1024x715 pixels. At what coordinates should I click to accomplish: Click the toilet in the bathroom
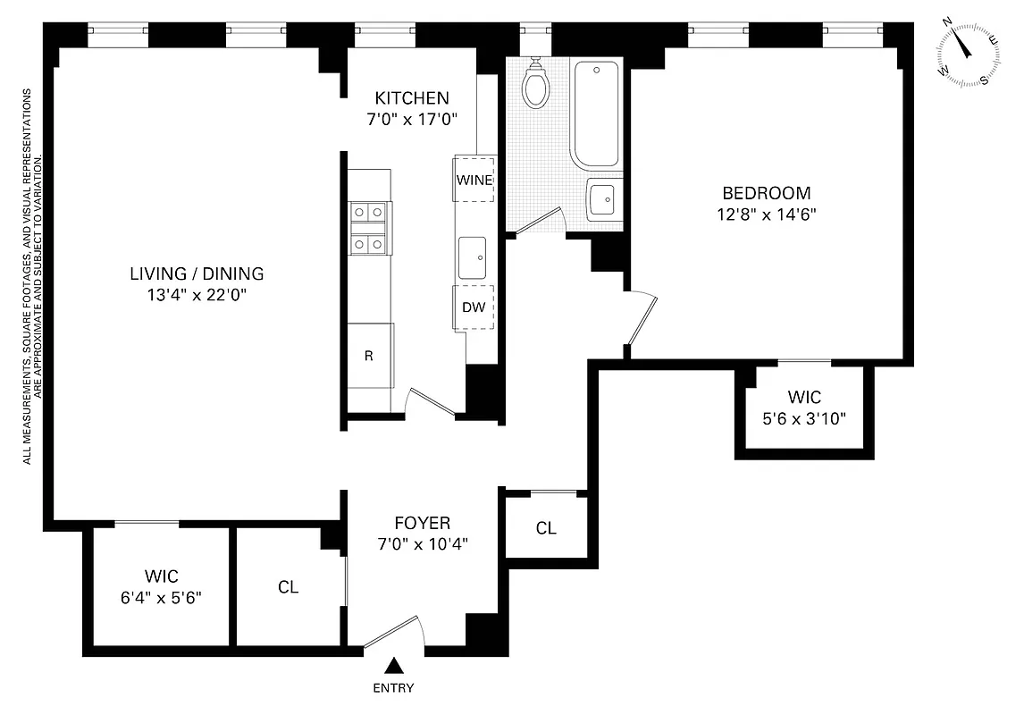tap(536, 85)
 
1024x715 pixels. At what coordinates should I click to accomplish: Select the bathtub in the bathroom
tap(596, 114)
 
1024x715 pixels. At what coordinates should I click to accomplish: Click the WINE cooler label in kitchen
tap(474, 180)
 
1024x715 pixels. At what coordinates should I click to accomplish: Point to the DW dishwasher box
tap(474, 307)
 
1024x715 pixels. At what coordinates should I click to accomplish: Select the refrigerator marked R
tap(369, 355)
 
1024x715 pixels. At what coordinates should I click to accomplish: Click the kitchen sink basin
tap(473, 258)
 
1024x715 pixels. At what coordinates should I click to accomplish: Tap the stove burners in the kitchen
tap(369, 228)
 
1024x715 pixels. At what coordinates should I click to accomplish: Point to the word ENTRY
tap(393, 688)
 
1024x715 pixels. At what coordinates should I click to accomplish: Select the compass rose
tap(966, 54)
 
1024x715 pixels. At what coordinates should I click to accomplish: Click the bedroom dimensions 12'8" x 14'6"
tap(767, 214)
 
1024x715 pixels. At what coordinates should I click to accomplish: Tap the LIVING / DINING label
tap(197, 273)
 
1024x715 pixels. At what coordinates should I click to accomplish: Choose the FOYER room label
tap(423, 523)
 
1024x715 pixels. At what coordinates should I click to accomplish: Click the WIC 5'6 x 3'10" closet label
tap(804, 407)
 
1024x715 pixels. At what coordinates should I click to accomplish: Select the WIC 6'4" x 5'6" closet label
tap(162, 586)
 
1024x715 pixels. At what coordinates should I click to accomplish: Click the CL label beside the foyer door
tap(288, 587)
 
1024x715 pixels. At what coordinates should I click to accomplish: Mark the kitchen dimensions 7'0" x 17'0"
tap(412, 117)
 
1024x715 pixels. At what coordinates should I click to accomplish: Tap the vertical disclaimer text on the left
tap(32, 277)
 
